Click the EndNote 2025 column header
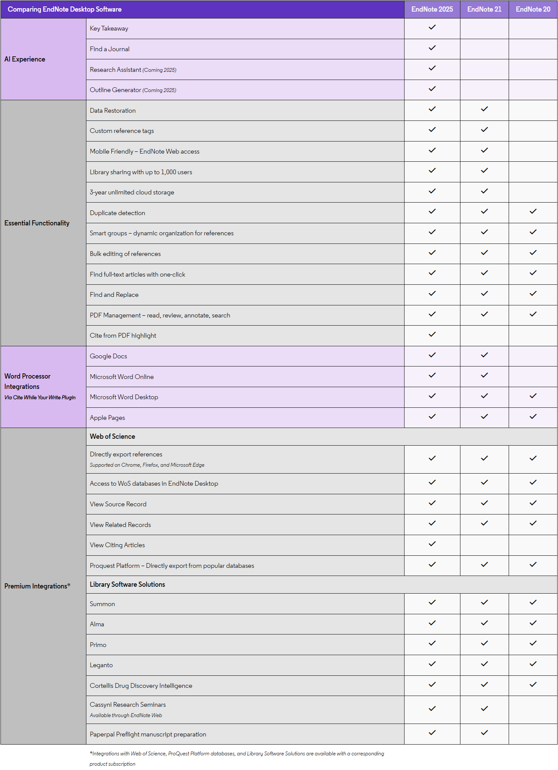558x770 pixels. (432, 9)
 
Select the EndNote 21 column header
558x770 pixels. (484, 9)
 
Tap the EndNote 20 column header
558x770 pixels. (533, 9)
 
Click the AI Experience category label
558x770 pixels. (25, 59)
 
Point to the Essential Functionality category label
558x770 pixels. (37, 223)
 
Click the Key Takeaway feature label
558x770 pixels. (109, 29)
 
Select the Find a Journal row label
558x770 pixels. (110, 49)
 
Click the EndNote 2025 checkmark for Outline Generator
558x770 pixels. (432, 89)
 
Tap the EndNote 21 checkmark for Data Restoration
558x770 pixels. (484, 109)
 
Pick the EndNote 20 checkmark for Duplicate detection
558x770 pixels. (533, 212)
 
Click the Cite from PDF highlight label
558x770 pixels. (123, 336)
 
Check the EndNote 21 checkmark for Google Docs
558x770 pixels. (484, 355)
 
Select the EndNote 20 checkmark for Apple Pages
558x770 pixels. (533, 417)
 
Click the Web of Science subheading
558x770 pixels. (113, 437)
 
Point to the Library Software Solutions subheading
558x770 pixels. (127, 585)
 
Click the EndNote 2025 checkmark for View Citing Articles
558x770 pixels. (432, 544)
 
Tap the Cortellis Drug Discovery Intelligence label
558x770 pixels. (141, 686)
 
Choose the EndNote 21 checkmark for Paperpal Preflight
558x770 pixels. (484, 733)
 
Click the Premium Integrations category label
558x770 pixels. (37, 586)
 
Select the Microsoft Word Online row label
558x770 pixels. (122, 377)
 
